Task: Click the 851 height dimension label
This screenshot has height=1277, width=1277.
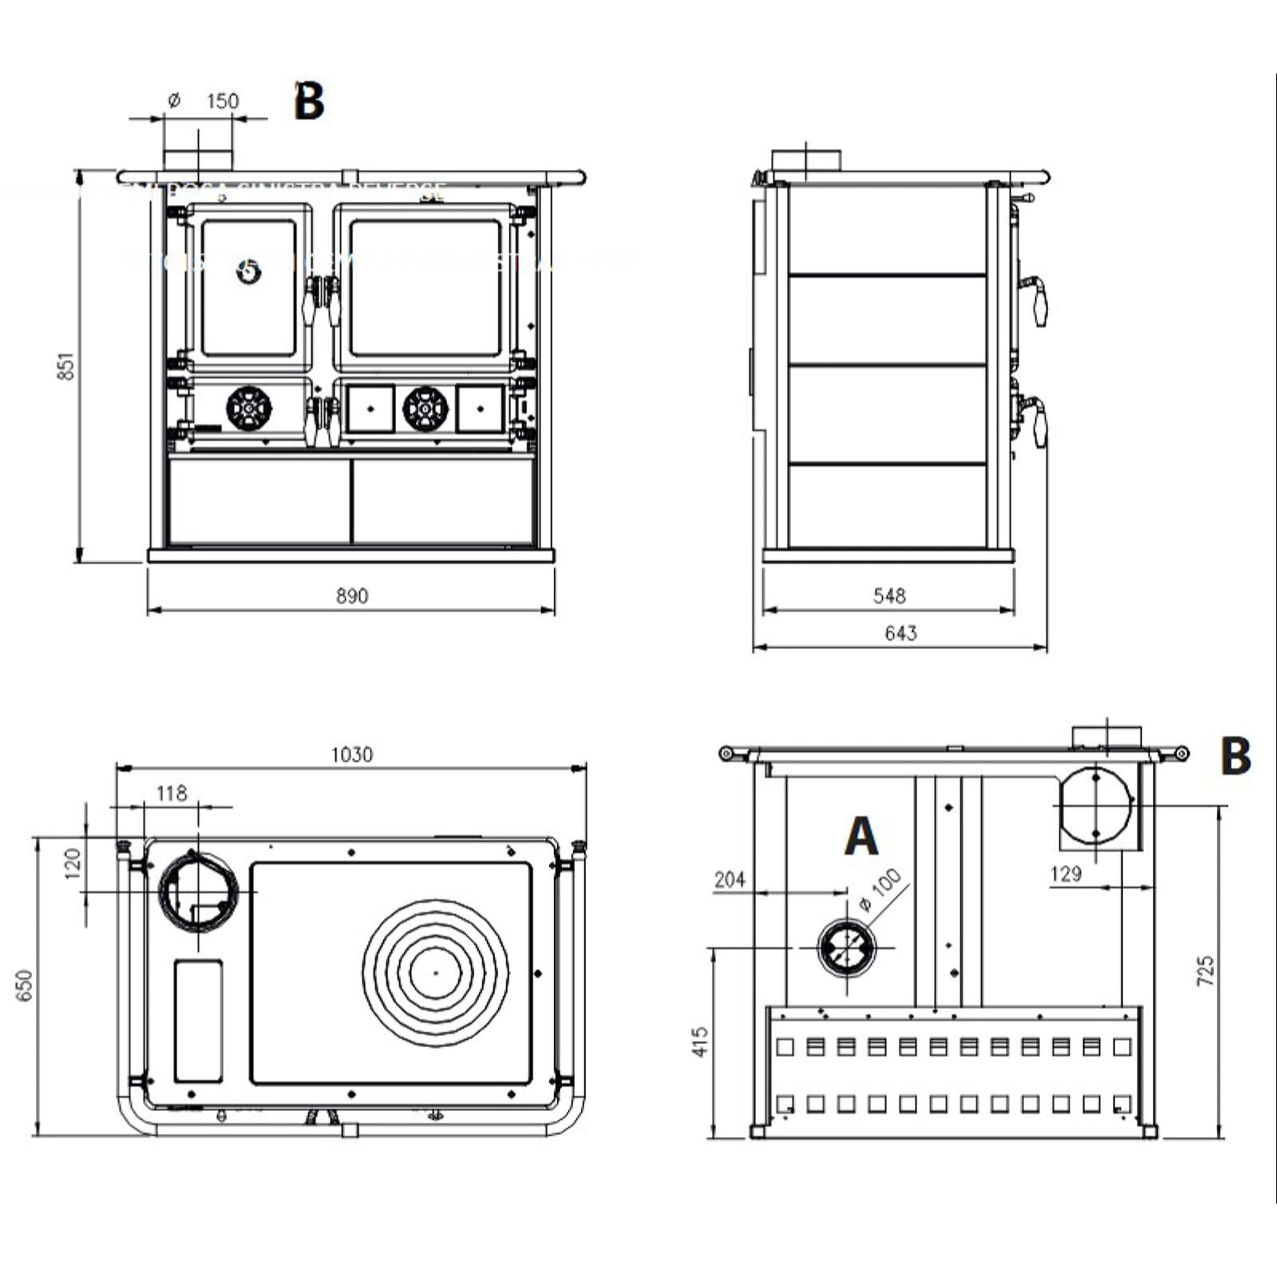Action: point(67,366)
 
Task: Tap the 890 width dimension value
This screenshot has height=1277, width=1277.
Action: point(352,596)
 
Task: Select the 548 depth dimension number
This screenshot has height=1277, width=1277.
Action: point(889,595)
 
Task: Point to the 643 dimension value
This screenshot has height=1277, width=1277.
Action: point(900,633)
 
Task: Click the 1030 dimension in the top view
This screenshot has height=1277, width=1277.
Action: point(352,754)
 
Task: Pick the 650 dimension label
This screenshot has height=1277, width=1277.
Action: point(25,985)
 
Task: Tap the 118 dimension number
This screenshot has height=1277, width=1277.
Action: point(172,793)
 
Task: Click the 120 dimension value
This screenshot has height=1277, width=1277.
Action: point(73,864)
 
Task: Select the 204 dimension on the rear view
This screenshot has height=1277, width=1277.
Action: point(729,880)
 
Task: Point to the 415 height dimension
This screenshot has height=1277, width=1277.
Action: point(700,1042)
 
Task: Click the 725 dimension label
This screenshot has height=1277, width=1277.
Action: point(1205,971)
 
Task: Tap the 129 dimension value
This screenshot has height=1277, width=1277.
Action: point(1065,874)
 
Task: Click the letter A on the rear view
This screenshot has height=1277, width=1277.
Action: point(861,836)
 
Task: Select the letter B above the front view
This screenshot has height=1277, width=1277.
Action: point(309,101)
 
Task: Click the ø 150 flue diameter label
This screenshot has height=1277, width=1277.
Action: point(206,101)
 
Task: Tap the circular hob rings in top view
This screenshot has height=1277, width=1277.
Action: point(436,973)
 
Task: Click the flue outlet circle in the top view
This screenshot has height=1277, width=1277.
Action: point(199,891)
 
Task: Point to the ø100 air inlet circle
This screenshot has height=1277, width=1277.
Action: point(847,947)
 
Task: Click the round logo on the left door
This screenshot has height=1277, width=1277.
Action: point(249,272)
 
